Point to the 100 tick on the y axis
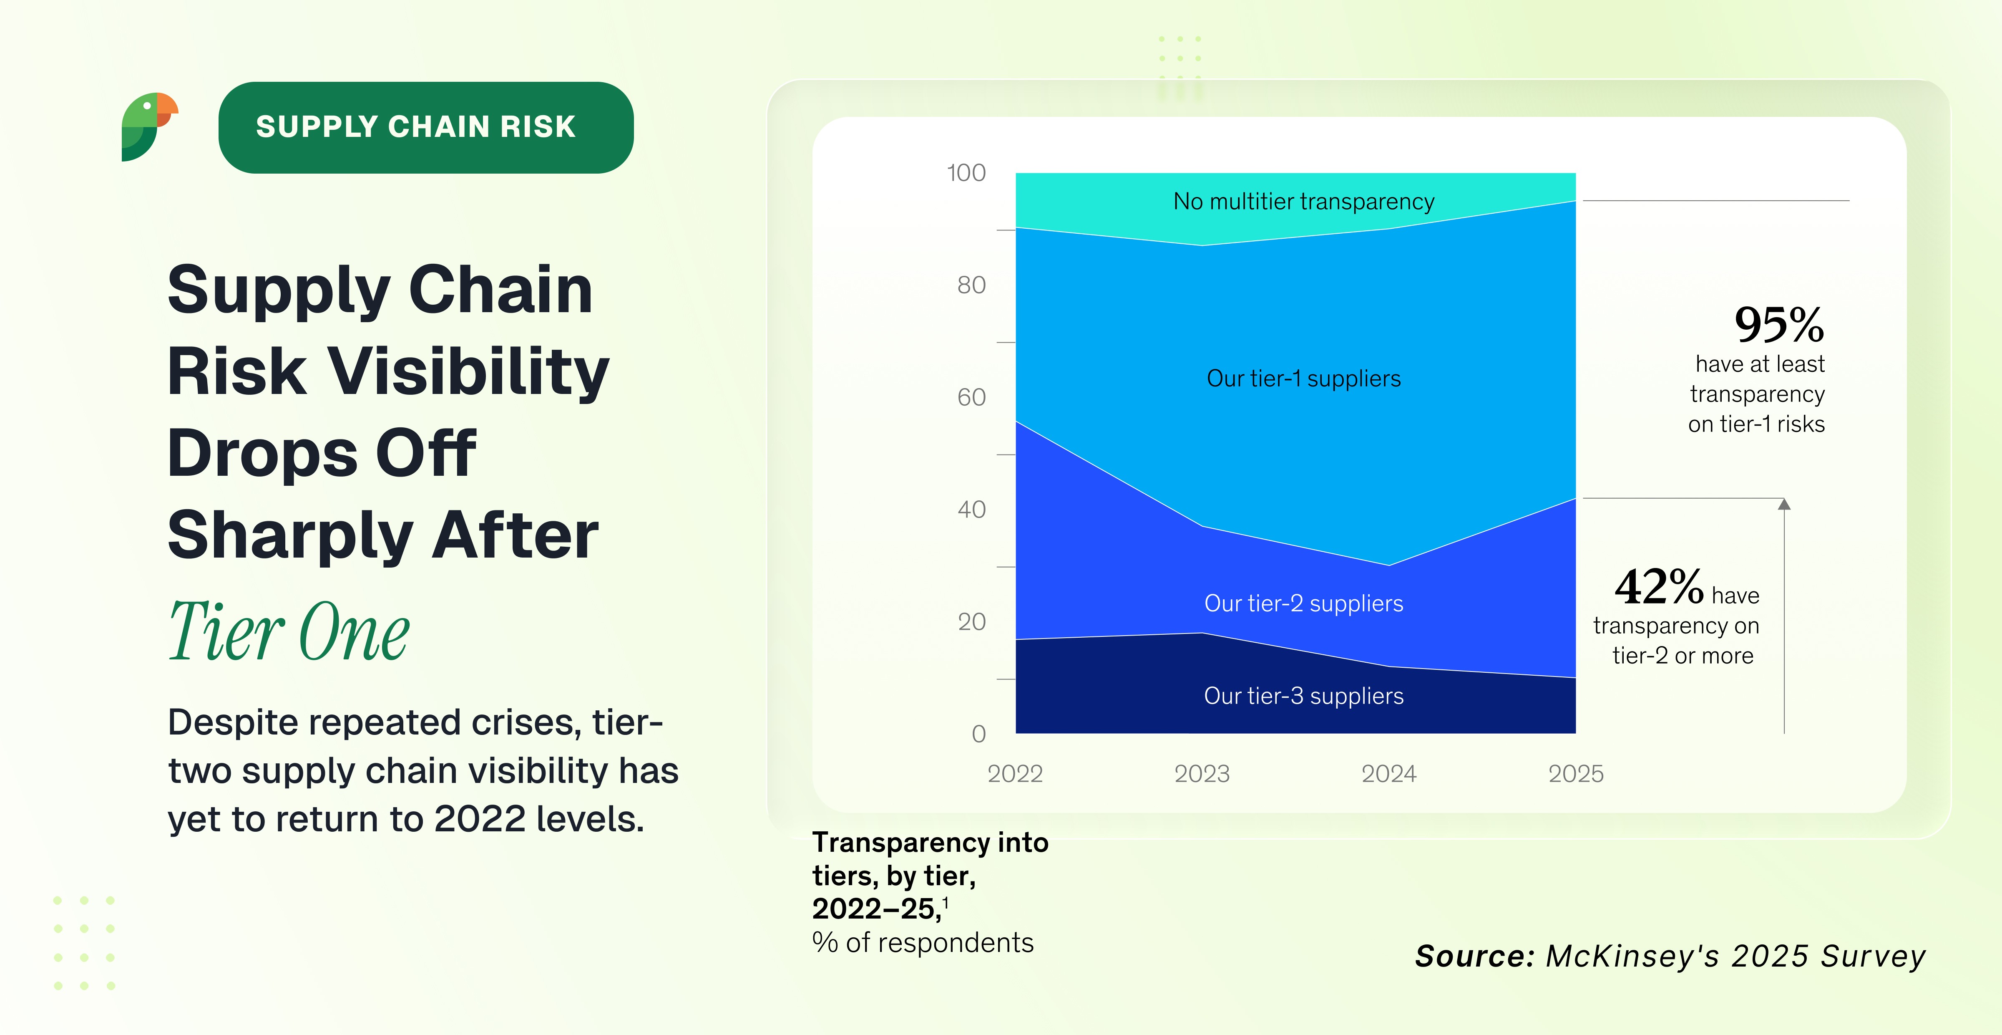pos(966,173)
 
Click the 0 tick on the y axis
pos(978,733)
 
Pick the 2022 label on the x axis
pos(1015,774)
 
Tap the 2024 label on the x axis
pos(1389,774)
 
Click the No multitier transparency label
pos(1303,202)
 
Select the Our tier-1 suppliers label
pos(1303,379)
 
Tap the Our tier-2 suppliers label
pos(1303,603)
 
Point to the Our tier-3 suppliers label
pos(1303,696)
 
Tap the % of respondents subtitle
pos(923,942)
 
